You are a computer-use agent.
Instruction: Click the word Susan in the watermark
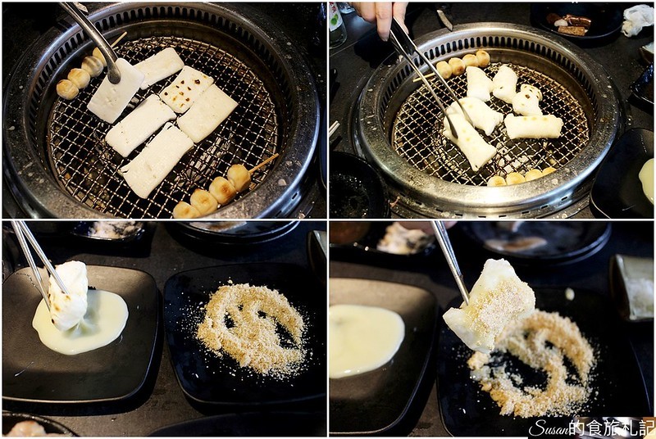click(551, 428)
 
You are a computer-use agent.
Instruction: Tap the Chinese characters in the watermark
click(614, 428)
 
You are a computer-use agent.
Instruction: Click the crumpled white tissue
click(637, 20)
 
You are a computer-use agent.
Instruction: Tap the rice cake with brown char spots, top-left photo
click(187, 89)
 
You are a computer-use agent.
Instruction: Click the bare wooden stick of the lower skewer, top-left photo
click(263, 163)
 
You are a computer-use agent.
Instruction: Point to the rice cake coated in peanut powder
click(489, 305)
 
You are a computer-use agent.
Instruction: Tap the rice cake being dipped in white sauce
click(68, 296)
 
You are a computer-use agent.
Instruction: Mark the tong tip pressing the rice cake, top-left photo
click(113, 75)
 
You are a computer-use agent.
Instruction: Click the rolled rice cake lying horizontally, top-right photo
click(534, 126)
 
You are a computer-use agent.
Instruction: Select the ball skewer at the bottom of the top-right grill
click(522, 177)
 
